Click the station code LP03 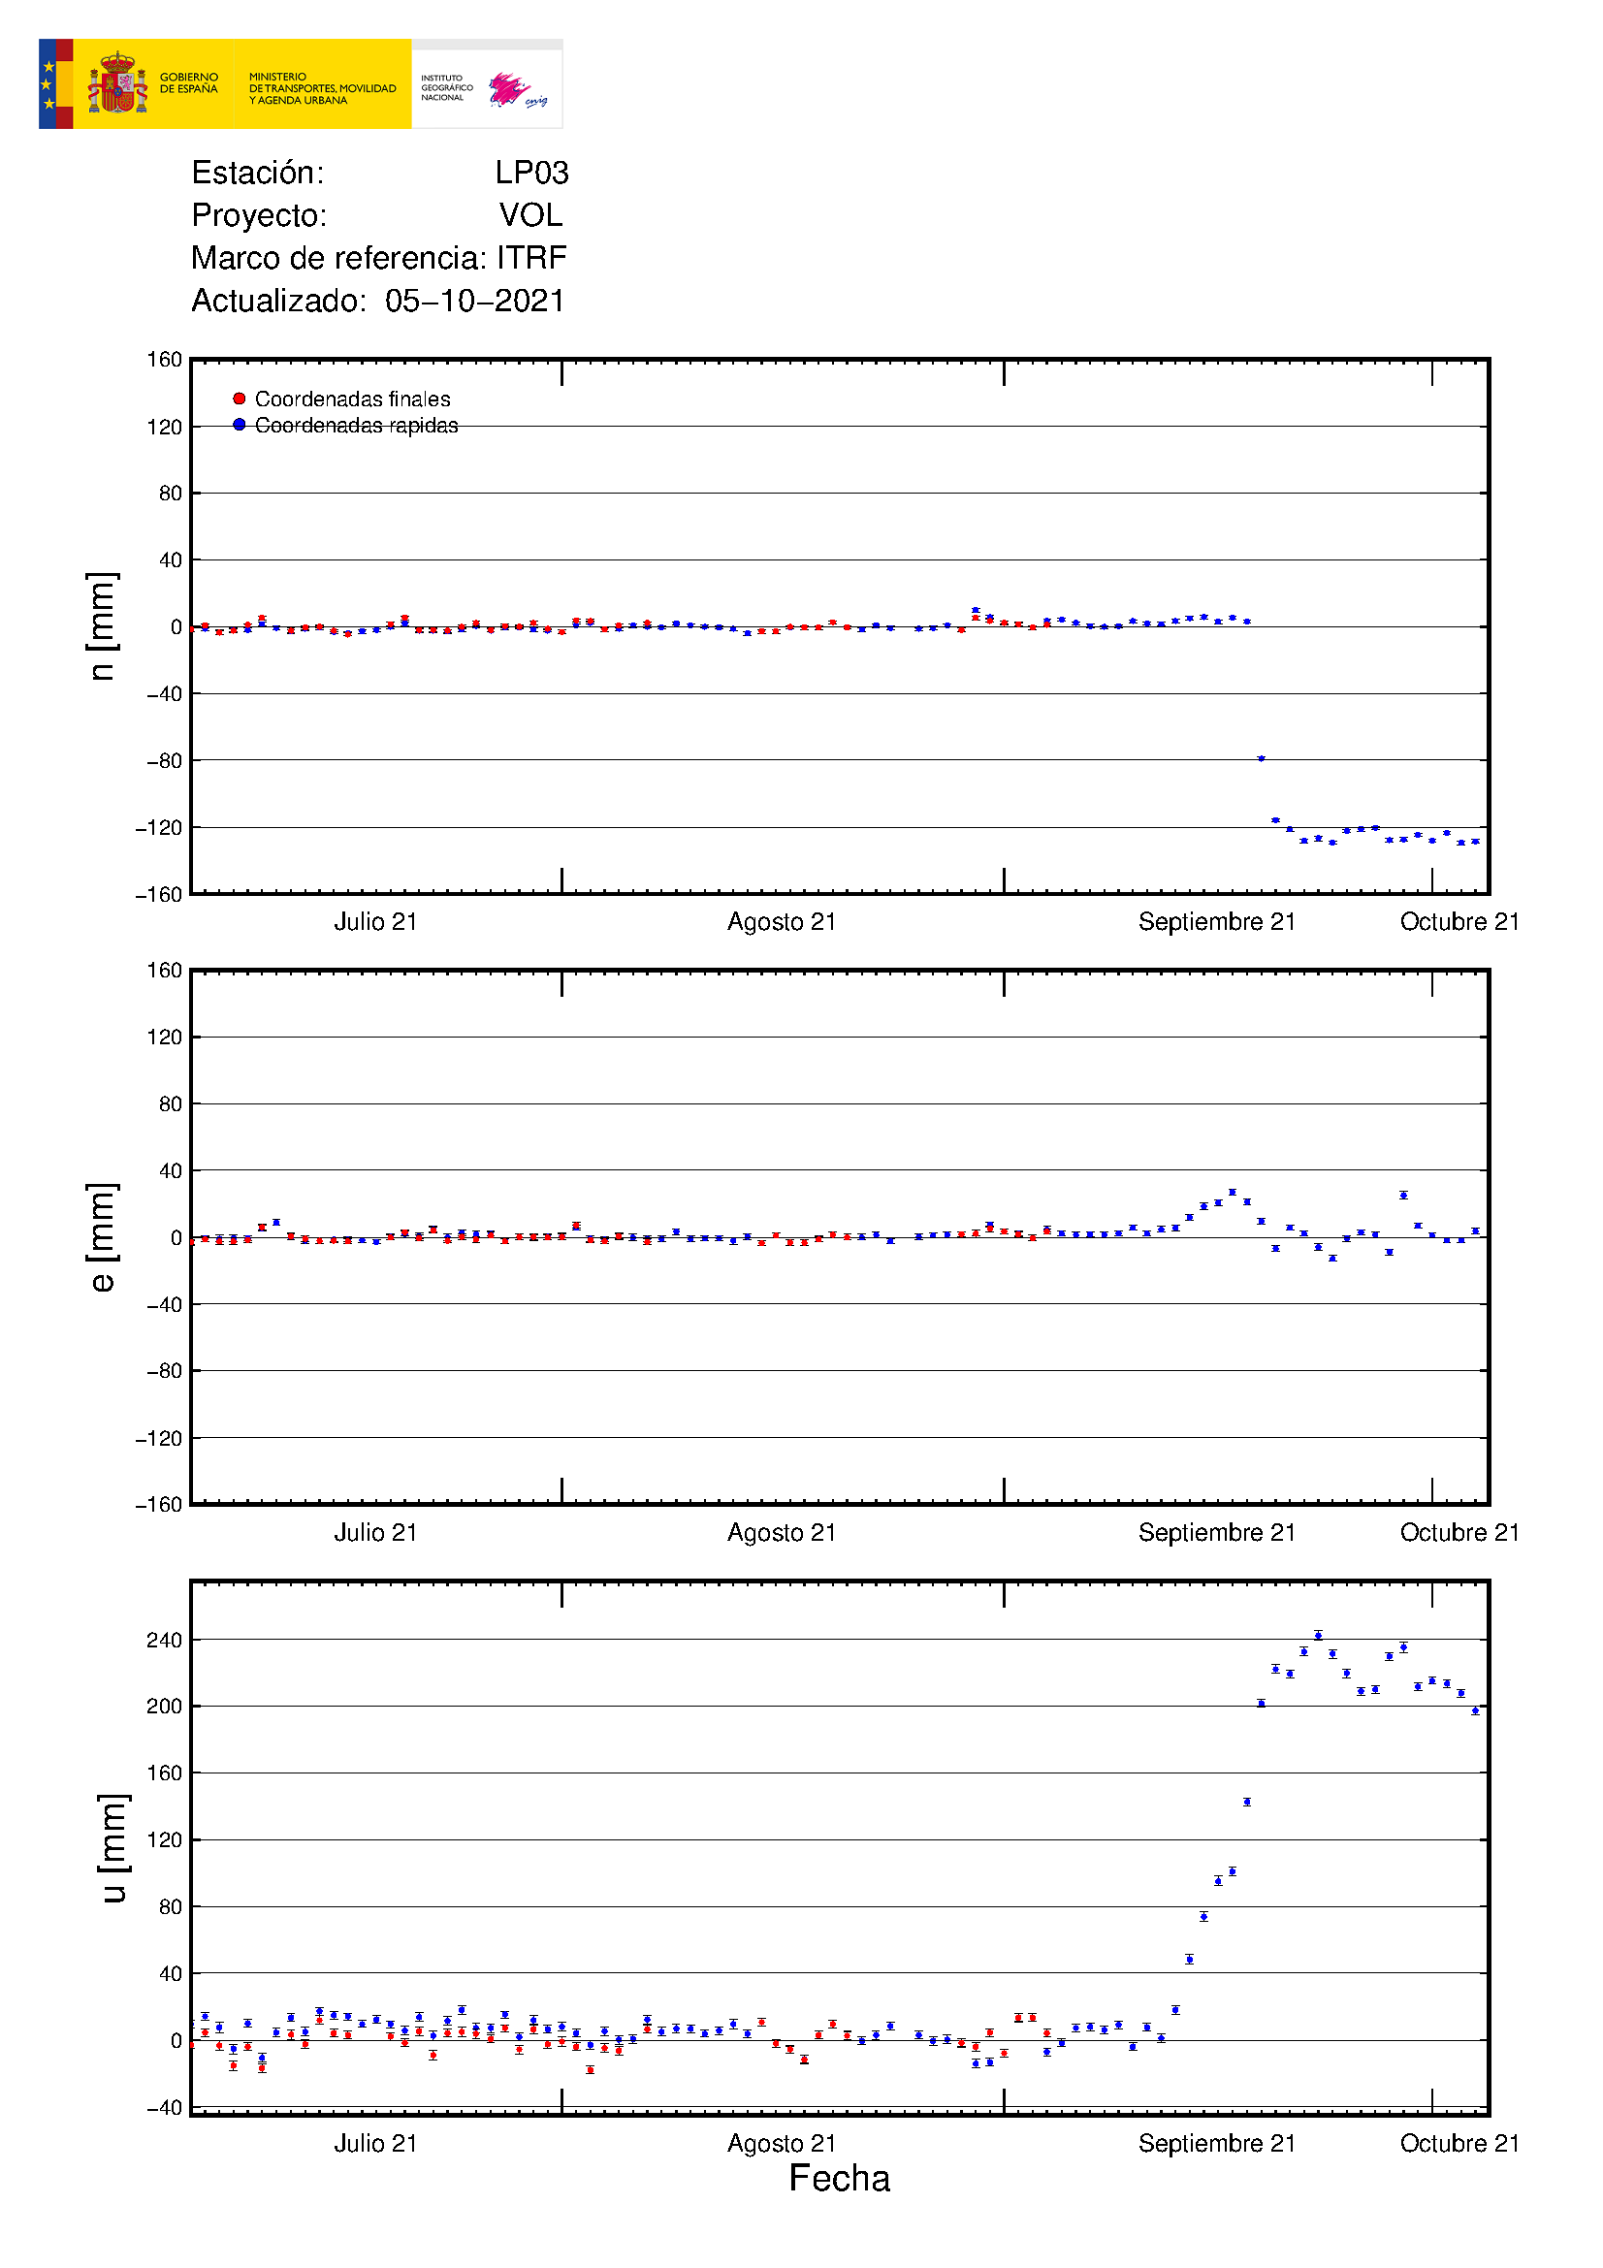click(531, 173)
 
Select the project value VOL click(530, 215)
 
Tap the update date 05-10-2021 click(475, 301)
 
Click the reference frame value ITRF click(531, 258)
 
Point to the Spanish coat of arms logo click(117, 84)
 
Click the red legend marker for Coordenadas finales click(239, 399)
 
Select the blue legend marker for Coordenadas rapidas click(239, 425)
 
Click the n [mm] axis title click(102, 626)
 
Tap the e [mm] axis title click(102, 1236)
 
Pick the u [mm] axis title click(112, 1848)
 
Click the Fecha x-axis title click(839, 2178)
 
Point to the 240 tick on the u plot click(164, 1641)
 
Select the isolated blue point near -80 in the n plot click(1261, 758)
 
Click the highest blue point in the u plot click(1318, 1635)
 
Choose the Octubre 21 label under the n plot click(1459, 921)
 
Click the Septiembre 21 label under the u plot click(1216, 2143)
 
